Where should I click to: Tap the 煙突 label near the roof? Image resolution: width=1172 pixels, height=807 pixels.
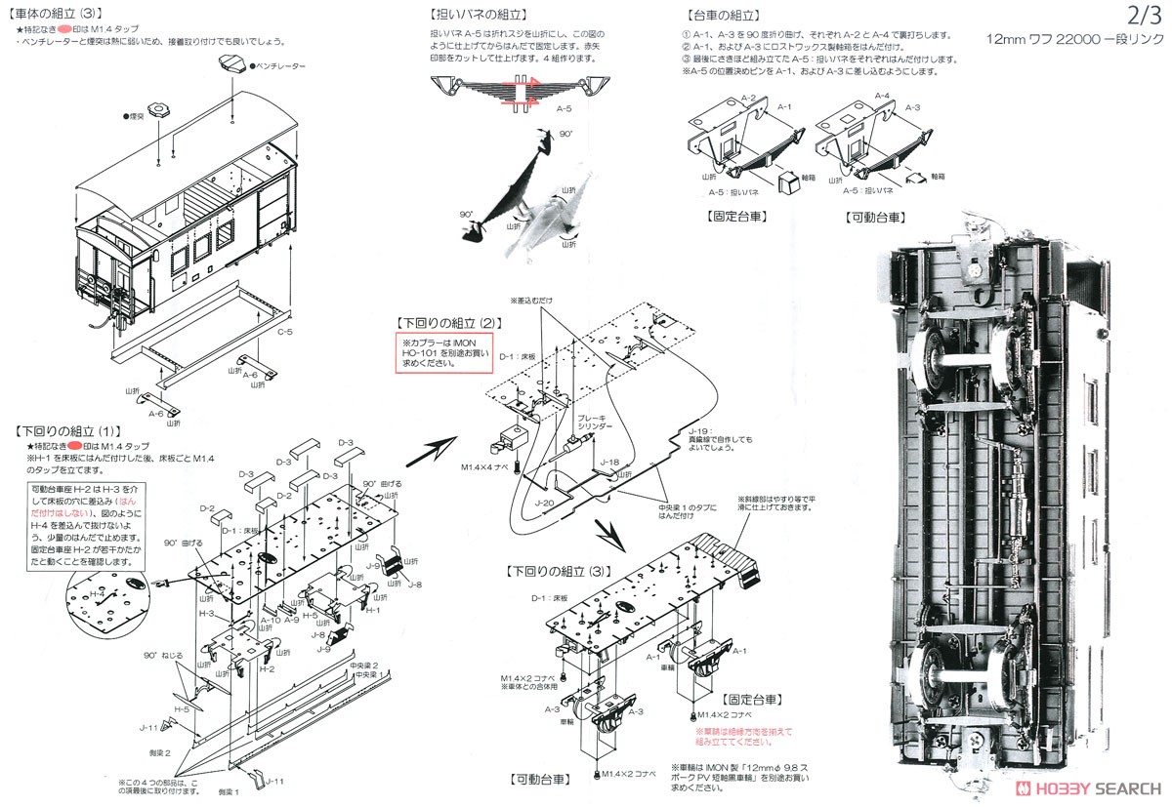click(x=134, y=115)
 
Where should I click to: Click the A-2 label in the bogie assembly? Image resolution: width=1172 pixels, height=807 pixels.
click(x=748, y=99)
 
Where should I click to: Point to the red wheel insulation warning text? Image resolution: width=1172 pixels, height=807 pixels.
click(x=742, y=735)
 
